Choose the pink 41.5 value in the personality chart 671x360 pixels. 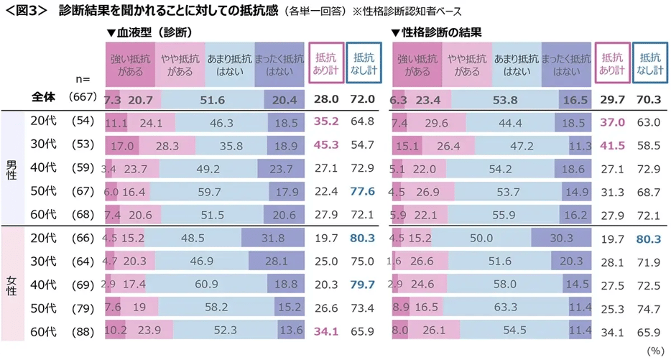coord(613,145)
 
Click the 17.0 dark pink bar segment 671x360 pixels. coord(121,145)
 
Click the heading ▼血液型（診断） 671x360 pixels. coord(149,32)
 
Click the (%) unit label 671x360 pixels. coord(656,350)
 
